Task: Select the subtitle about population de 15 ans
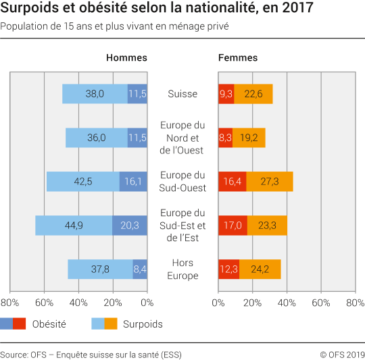coord(114,27)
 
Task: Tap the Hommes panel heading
coord(126,57)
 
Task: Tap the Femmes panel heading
coord(237,57)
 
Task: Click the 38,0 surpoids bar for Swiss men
coord(95,94)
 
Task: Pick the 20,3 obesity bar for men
coord(130,226)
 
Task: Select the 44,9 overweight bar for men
coord(74,226)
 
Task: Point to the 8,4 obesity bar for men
coord(140,269)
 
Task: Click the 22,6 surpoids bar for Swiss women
coord(253,94)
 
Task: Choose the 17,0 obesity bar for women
coord(233,226)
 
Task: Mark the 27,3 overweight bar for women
coord(269,182)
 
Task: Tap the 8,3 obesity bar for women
coord(225,138)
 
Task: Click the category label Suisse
coord(182,94)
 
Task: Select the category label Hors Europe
coord(182,269)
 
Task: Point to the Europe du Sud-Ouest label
coord(182,181)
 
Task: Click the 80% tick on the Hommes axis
coord(9,303)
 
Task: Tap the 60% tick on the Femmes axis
coord(321,303)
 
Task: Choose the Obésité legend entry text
coord(49,324)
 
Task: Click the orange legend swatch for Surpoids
coord(111,324)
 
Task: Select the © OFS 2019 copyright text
coord(342,354)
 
